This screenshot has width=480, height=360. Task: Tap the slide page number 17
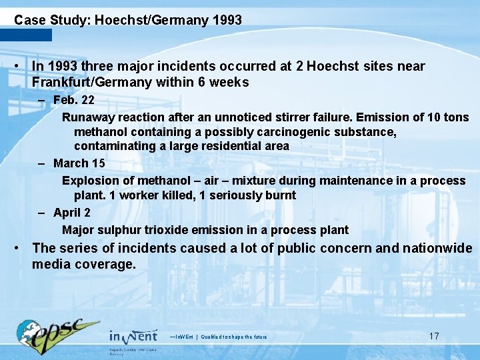tap(434, 336)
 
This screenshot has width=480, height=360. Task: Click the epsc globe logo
tap(57, 333)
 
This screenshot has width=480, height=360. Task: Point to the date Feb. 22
tap(73, 100)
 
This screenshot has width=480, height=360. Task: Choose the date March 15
tap(79, 163)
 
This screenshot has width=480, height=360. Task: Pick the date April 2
tap(72, 213)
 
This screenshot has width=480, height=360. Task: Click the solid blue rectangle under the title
tap(26, 35)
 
